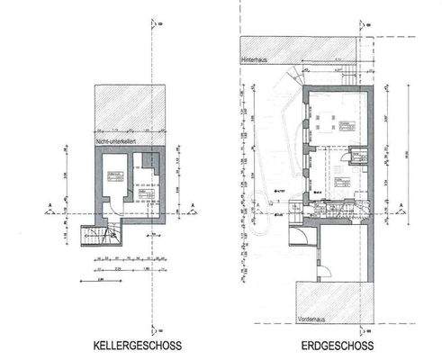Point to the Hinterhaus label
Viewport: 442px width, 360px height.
254,59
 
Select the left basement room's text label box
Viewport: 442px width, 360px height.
114,175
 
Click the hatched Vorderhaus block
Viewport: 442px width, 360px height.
333,302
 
